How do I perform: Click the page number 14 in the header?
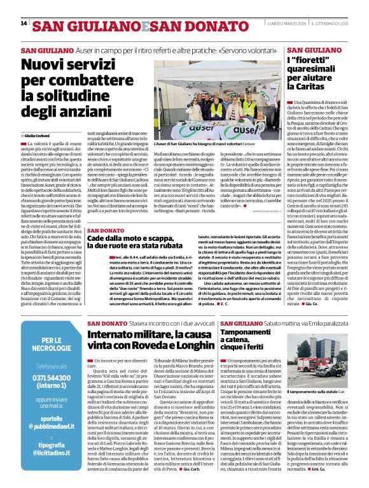(x=24, y=24)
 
